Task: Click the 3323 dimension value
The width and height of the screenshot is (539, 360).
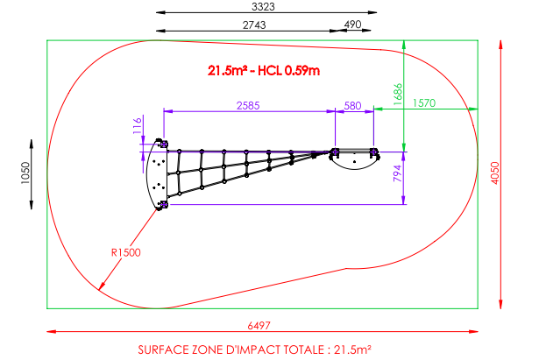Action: tap(263, 6)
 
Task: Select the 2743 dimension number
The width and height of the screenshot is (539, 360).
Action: tap(254, 25)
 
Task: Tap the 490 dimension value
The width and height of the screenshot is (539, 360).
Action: tap(352, 25)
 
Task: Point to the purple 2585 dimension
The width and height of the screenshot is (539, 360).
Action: tap(248, 105)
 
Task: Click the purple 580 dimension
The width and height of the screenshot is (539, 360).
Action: tap(352, 105)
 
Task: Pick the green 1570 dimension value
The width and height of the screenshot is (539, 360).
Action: tap(424, 103)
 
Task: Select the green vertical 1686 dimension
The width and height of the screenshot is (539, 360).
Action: tap(397, 94)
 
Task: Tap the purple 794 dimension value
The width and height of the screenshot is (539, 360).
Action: tap(397, 173)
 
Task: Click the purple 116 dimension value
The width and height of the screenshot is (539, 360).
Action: tap(137, 125)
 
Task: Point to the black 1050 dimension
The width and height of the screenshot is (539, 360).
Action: tap(25, 173)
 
